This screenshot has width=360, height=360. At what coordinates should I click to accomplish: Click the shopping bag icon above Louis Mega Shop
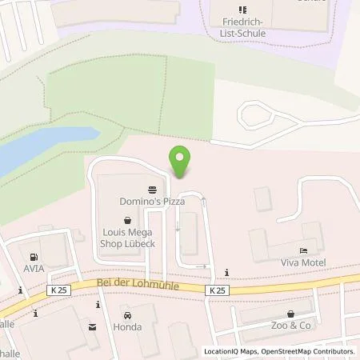pyautogui.click(x=126, y=219)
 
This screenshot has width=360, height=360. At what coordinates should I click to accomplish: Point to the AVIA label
pyautogui.click(x=34, y=269)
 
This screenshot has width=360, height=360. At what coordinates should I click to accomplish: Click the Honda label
pyautogui.click(x=129, y=327)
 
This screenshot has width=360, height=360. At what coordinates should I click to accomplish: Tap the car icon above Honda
pyautogui.click(x=128, y=314)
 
